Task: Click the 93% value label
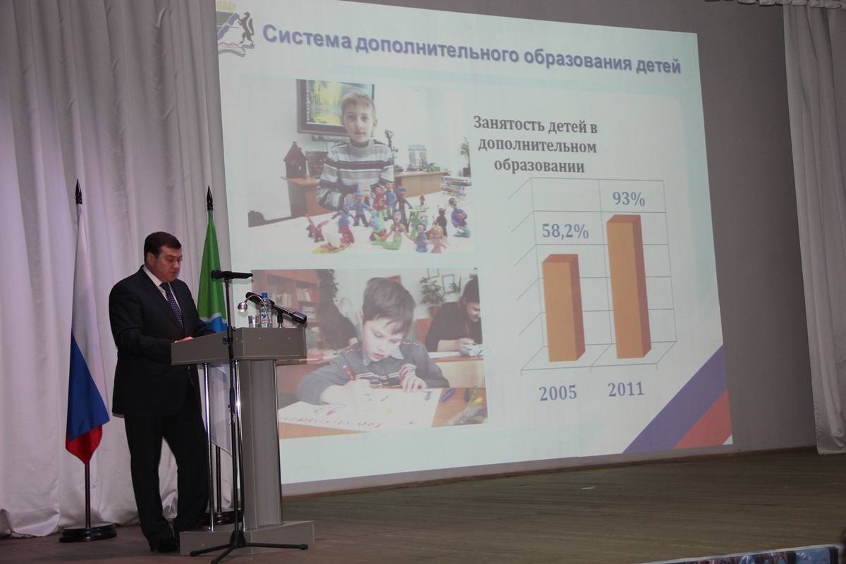point(628,199)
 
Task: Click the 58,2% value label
point(565,231)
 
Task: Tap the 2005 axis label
point(558,393)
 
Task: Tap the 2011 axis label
point(625,390)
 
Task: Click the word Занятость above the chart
point(509,123)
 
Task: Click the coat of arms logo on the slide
point(235,30)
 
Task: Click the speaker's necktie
point(173,303)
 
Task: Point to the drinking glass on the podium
point(254,321)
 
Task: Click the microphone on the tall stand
point(231,275)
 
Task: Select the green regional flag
point(211,276)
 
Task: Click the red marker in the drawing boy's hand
point(350,373)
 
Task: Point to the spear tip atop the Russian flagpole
point(78,192)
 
